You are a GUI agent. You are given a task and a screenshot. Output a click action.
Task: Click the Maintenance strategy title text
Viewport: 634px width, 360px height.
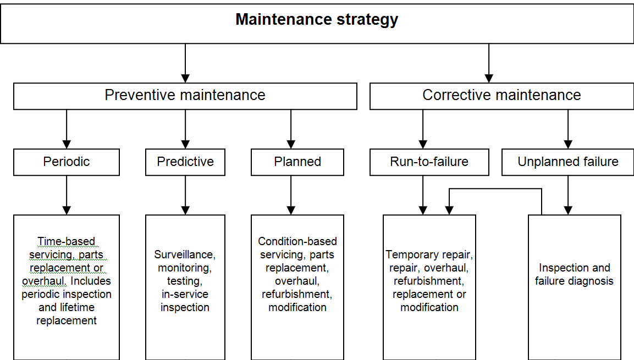coord(317,20)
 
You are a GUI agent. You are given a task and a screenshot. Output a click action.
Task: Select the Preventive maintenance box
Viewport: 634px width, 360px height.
coord(185,96)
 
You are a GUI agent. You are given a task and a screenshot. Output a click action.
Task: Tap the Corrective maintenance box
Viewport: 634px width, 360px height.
coord(501,96)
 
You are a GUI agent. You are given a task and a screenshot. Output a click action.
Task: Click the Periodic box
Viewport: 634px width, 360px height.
coord(67,162)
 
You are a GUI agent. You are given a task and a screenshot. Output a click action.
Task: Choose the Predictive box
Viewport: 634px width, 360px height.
coord(185,162)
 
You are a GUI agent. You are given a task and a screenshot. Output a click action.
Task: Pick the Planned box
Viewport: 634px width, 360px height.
coord(297,162)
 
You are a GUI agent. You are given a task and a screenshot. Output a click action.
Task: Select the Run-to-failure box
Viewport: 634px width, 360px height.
coord(429,162)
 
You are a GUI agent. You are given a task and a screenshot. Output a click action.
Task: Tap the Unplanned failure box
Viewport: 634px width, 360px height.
coord(568,162)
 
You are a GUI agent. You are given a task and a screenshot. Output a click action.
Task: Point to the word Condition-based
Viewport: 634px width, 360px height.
coord(297,241)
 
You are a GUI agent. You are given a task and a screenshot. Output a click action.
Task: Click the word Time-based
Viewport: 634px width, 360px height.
coord(67,241)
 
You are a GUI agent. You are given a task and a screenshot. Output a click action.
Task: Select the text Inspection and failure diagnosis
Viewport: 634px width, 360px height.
coord(575,274)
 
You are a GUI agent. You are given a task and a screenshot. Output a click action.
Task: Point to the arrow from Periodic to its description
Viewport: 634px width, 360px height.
coord(67,195)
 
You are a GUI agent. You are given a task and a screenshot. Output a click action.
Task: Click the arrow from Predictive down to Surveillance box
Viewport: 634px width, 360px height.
coord(185,195)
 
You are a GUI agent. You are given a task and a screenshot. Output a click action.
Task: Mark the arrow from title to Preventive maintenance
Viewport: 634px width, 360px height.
coord(185,63)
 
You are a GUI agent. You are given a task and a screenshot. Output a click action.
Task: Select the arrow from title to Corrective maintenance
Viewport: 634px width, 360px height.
coord(489,63)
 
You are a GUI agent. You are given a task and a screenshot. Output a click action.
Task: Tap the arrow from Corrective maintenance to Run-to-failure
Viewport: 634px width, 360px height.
coord(423,129)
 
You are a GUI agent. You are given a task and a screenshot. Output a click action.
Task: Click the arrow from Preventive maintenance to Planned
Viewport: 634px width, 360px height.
coord(291,129)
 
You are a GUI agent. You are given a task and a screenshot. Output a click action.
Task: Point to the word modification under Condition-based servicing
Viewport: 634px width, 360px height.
coord(297,307)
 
